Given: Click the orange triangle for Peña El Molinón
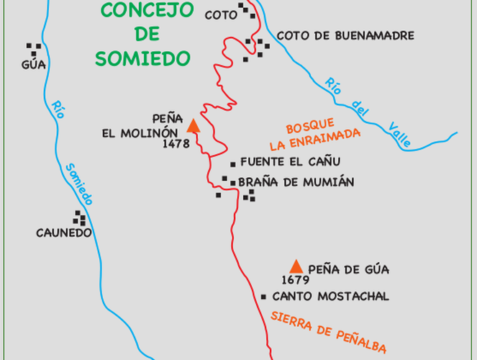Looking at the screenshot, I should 193,127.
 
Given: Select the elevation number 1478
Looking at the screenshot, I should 176,143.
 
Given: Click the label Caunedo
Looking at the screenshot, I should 64,233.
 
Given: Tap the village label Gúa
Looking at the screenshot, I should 34,65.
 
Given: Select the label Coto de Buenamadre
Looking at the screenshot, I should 345,35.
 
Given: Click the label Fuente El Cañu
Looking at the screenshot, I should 290,162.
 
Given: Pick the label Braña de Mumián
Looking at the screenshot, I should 296,182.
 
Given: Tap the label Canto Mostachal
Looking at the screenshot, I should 331,296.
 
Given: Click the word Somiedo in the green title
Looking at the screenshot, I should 141,58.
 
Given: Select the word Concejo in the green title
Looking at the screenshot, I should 147,10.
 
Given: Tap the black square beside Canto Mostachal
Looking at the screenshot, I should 264,297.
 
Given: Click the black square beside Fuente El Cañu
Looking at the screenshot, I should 232,163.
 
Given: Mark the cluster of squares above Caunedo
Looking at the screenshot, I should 79,217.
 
